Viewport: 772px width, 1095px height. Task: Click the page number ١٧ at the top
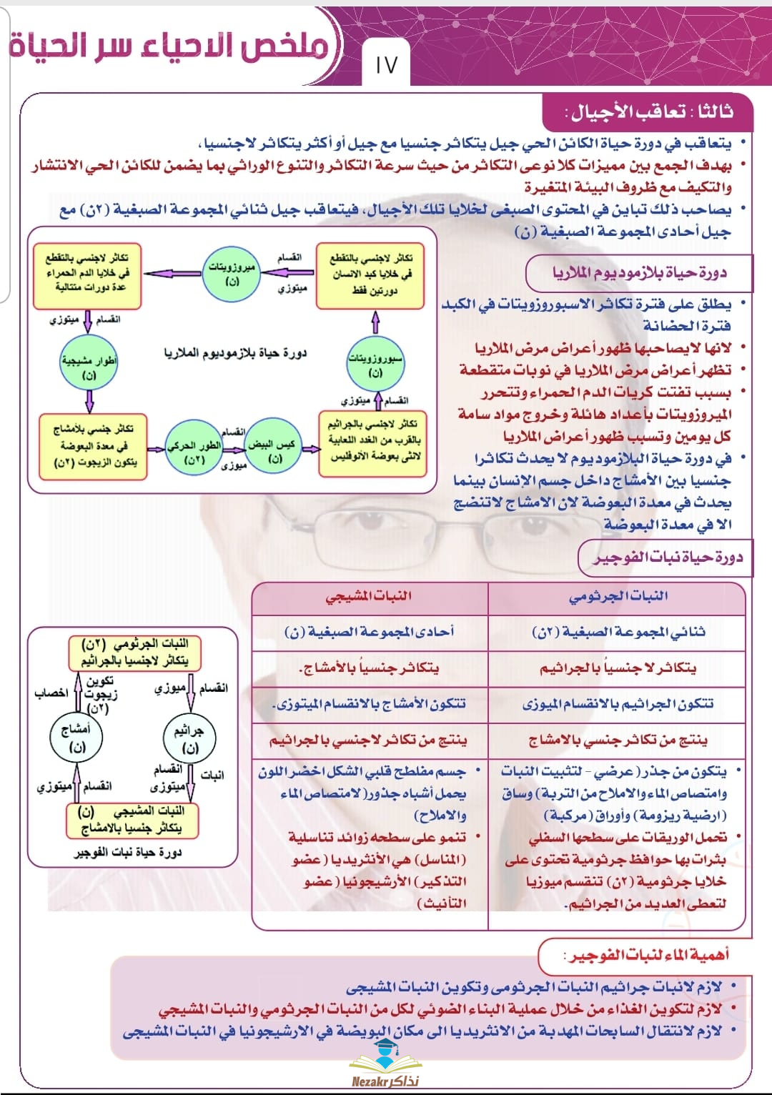coord(386,64)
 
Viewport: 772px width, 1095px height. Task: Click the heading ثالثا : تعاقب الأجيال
coord(649,112)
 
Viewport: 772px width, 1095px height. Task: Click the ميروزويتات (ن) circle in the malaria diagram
coord(231,274)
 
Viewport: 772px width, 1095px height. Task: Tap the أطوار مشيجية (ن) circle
coord(89,367)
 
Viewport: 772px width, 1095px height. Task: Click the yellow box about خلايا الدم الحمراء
coord(86,273)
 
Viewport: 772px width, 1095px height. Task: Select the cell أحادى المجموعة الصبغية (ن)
coord(369,633)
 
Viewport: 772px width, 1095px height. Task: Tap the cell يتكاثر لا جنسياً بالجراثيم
coord(618,668)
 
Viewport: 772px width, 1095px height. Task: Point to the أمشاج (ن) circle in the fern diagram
coord(76,738)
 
